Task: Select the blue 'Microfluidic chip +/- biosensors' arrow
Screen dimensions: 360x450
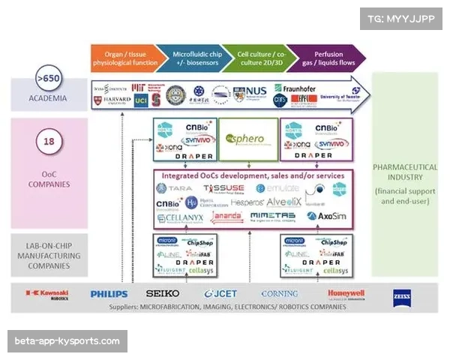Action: point(196,59)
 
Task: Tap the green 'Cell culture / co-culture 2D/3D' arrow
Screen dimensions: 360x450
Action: point(259,59)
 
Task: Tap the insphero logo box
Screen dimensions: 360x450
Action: point(245,138)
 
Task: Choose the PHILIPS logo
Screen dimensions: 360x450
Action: point(109,295)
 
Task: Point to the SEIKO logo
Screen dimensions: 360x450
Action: point(163,294)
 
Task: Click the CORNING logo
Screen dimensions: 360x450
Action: point(279,294)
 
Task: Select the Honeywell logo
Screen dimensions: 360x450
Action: point(346,294)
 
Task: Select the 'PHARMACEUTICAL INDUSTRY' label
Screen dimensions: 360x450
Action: point(404,172)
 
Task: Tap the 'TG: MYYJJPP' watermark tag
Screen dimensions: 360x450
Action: point(400,19)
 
